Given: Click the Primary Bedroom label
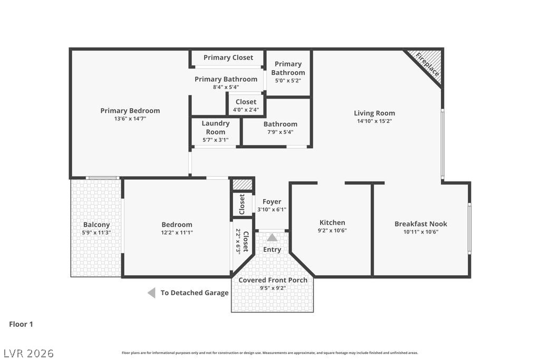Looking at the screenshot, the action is pyautogui.click(x=130, y=111).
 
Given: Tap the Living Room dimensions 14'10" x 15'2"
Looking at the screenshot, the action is pyautogui.click(x=374, y=121).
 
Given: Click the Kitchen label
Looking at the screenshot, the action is pyautogui.click(x=332, y=222).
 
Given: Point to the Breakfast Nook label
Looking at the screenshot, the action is pyautogui.click(x=421, y=223).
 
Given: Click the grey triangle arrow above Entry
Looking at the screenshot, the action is pyautogui.click(x=272, y=238).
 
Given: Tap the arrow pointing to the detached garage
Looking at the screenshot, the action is pyautogui.click(x=151, y=293).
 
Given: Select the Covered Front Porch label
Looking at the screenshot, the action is pyautogui.click(x=273, y=280).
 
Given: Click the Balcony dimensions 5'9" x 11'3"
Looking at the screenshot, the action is pyautogui.click(x=97, y=232).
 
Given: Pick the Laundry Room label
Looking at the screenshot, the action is pyautogui.click(x=216, y=128).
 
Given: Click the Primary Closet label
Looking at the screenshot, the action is pyautogui.click(x=228, y=57).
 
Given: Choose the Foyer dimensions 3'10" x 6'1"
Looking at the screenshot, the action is pyautogui.click(x=272, y=209).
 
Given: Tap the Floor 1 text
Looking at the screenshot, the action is pyautogui.click(x=21, y=324).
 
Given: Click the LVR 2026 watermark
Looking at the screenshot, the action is pyautogui.click(x=29, y=353).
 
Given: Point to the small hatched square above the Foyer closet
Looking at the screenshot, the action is pyautogui.click(x=243, y=184).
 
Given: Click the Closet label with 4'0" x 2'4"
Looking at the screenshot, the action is pyautogui.click(x=246, y=102).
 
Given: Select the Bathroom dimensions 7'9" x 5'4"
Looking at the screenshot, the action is pyautogui.click(x=281, y=132).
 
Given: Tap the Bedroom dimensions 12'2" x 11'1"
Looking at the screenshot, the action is pyautogui.click(x=177, y=232).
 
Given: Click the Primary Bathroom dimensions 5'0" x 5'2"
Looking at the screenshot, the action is pyautogui.click(x=288, y=81).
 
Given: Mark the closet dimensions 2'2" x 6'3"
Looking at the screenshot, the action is pyautogui.click(x=238, y=241).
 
